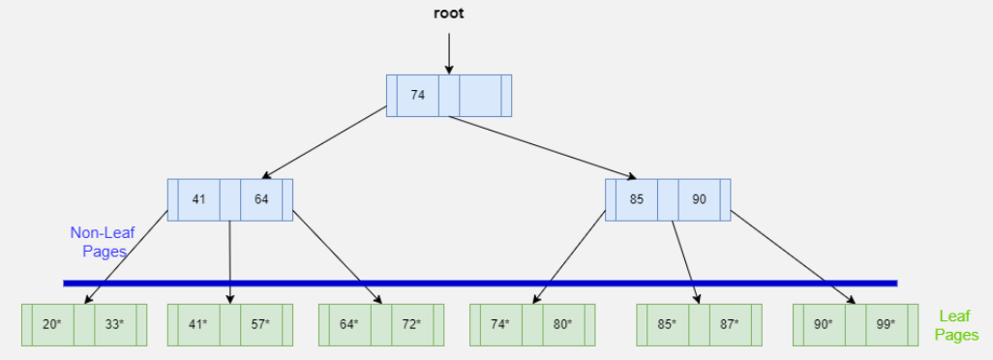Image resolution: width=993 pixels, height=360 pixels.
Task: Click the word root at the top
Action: tap(448, 15)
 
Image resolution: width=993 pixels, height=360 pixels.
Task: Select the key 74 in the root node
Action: tap(417, 95)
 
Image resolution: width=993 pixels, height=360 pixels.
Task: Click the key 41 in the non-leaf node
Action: tap(198, 199)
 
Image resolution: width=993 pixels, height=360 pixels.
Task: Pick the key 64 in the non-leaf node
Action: tap(261, 199)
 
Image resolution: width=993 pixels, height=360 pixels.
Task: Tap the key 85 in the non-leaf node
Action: tap(637, 199)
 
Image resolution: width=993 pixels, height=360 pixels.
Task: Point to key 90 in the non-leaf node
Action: tap(699, 199)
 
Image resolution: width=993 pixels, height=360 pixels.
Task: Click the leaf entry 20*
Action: tap(52, 324)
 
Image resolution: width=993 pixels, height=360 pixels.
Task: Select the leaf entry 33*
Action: tap(114, 324)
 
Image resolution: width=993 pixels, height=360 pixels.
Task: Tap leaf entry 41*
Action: tap(198, 324)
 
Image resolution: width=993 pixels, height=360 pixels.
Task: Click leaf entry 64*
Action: tap(349, 324)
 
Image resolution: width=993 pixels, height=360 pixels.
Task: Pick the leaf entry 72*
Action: tap(411, 324)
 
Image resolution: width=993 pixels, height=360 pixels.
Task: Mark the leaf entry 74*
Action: tap(499, 324)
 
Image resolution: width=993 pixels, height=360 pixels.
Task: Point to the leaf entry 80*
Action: tap(562, 324)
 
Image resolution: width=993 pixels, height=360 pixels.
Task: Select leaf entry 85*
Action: tap(667, 324)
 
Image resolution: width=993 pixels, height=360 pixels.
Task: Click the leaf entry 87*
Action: tap(729, 324)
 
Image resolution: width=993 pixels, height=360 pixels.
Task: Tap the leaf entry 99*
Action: tap(886, 324)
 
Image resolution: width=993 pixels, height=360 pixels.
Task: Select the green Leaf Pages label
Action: tap(956, 325)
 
